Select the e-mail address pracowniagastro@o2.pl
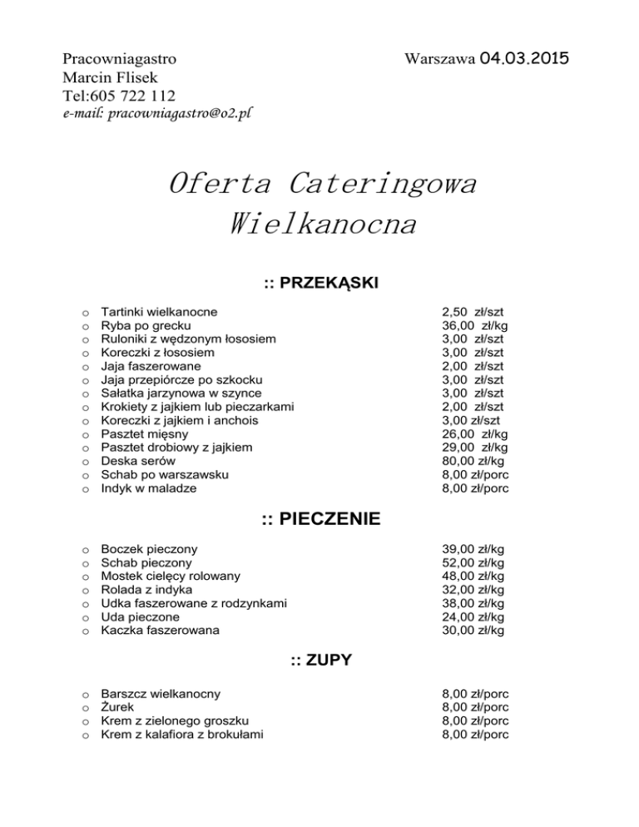tap(157, 114)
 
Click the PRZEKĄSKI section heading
tap(321, 284)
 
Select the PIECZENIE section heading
tap(321, 520)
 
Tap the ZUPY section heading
tap(321, 661)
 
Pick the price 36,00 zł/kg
tap(475, 325)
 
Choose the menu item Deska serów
tap(137, 461)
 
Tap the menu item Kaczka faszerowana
tap(160, 631)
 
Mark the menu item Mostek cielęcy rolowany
tap(171, 576)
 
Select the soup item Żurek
tap(117, 706)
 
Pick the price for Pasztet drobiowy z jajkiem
tap(475, 448)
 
